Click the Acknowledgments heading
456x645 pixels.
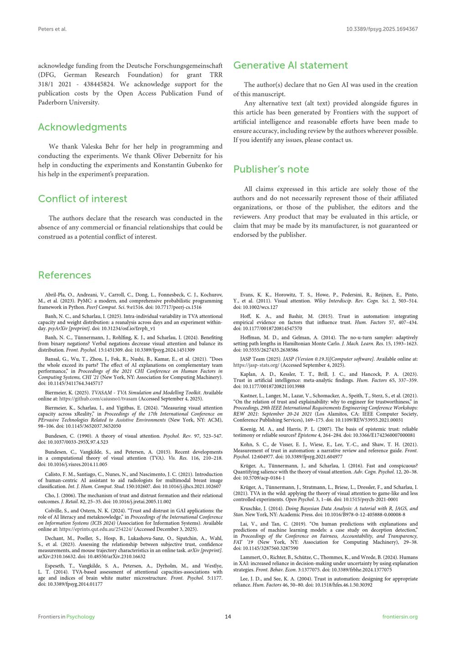82,127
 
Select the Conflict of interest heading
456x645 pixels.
83,198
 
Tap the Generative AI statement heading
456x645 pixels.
290,65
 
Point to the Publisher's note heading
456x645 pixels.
271,169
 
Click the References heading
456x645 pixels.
64,275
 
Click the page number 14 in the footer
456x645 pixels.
228,617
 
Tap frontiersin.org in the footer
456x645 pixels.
400,617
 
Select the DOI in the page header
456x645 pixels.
382,29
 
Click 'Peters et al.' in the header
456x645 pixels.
52,29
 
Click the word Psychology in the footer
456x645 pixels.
81,617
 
